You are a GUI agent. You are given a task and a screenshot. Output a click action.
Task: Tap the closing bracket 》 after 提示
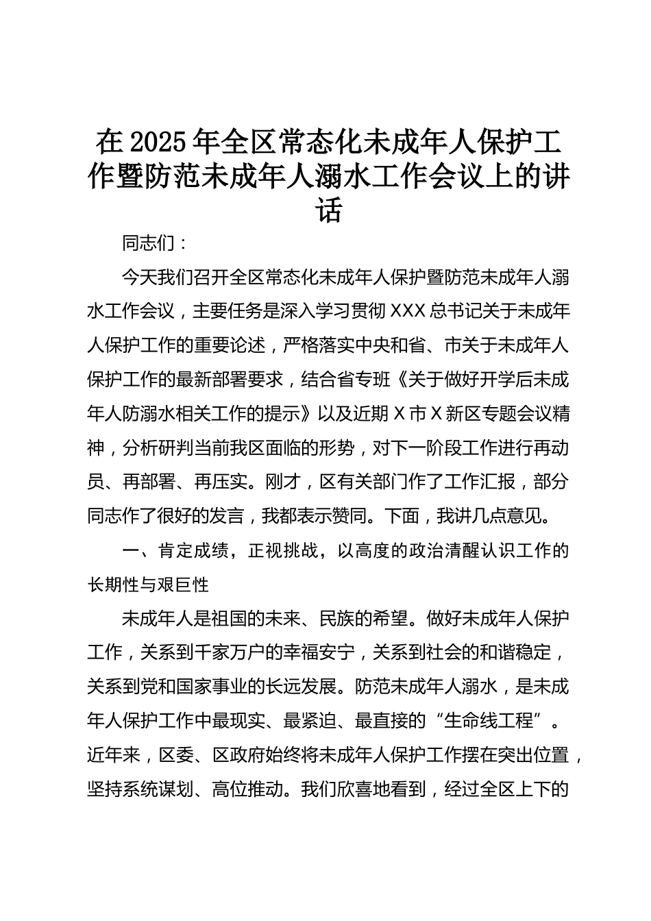(310, 415)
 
